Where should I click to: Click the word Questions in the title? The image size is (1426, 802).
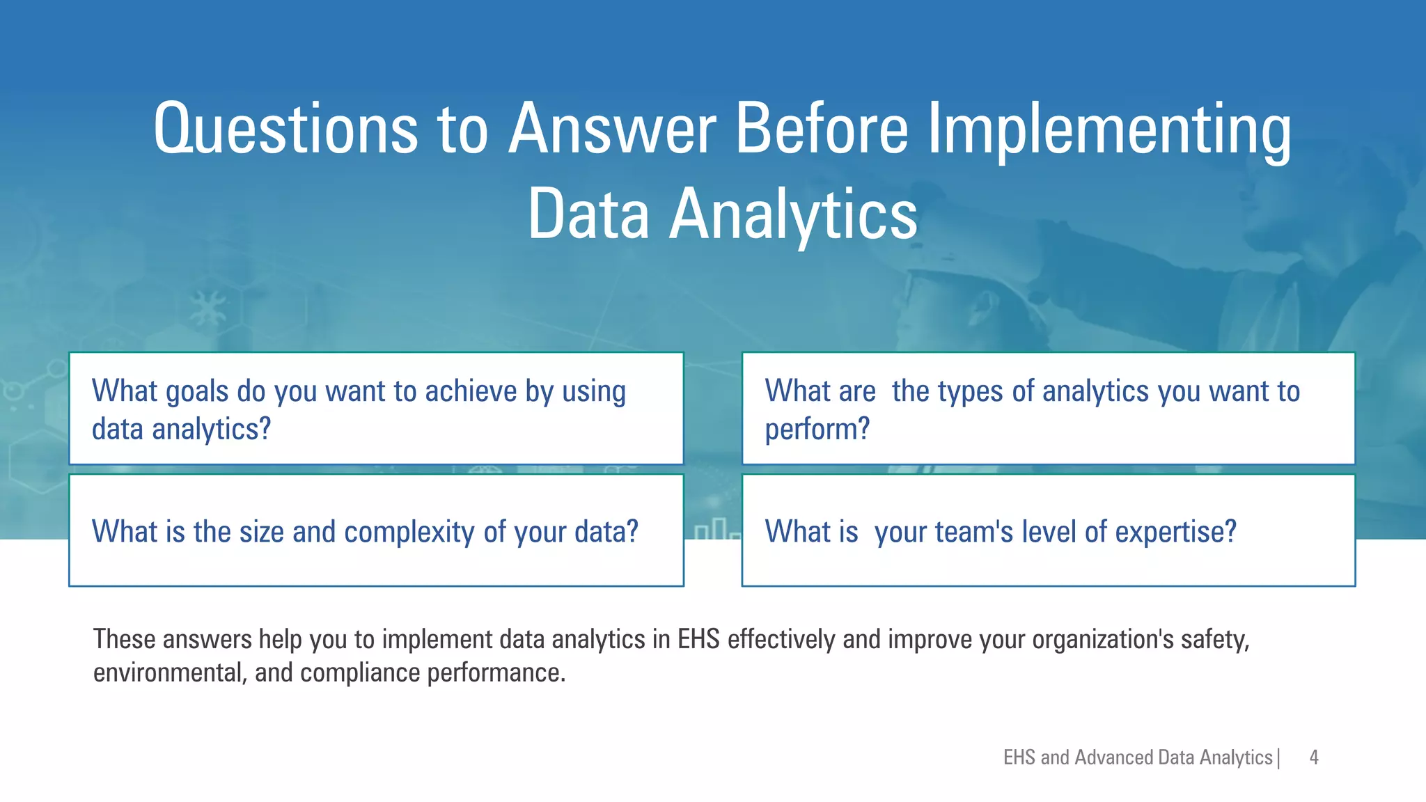point(285,129)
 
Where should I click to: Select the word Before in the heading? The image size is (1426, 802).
point(822,129)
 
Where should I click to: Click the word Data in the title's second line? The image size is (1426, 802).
point(588,215)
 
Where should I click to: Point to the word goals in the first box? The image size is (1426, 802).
point(197,392)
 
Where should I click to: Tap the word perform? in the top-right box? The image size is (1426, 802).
point(817,430)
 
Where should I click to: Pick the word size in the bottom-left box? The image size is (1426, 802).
point(262,533)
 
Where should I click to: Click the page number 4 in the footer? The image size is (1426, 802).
point(1313,757)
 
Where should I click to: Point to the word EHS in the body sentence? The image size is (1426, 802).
point(698,639)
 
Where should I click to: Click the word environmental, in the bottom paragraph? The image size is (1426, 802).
point(170,673)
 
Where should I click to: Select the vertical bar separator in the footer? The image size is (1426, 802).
point(1278,757)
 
